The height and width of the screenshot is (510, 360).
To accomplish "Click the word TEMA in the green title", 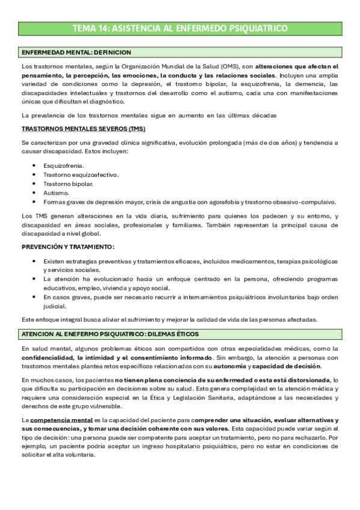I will click(84, 28).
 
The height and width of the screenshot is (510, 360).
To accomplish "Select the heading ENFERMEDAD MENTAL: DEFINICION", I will click(76, 53).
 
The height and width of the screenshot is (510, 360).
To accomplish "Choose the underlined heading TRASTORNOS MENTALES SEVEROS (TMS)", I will click(83, 129).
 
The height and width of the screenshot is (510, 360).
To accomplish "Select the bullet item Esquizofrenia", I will click(64, 165).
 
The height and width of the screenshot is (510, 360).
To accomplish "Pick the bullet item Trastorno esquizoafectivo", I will click(81, 174).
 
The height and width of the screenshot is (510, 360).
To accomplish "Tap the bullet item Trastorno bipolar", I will click(68, 183).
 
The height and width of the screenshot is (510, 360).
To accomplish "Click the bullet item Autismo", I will click(56, 192).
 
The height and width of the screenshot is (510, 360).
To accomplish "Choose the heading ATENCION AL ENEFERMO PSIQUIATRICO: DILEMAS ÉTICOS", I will click(109, 334).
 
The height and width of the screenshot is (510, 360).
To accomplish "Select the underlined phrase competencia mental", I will click(61, 419).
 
